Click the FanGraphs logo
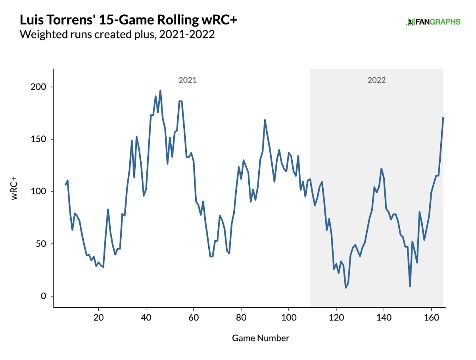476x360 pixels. coord(433,22)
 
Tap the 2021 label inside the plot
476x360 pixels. coord(188,80)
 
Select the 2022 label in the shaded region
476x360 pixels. coord(376,80)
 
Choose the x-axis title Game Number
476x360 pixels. coord(261,338)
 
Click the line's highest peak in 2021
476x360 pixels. coord(160,90)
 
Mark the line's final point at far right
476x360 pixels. coord(443,117)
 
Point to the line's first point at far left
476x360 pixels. coord(65,185)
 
